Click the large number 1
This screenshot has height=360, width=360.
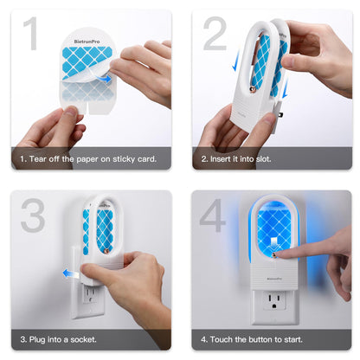click(x=31, y=35)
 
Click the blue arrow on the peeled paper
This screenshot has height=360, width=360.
click(x=105, y=79)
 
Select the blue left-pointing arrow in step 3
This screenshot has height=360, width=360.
click(x=66, y=273)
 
